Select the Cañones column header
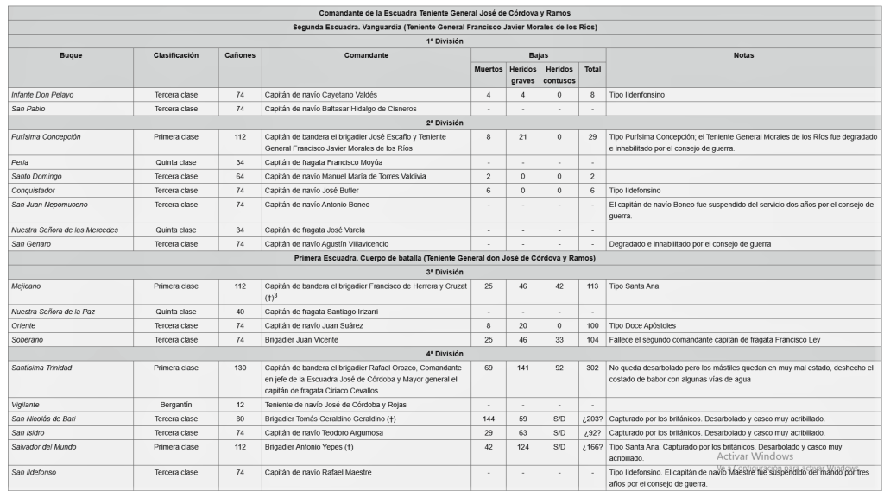tap(240, 55)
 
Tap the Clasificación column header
tap(176, 55)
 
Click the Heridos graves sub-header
tap(523, 74)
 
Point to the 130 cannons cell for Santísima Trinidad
tap(240, 368)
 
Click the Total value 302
tap(592, 368)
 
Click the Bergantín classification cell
tap(176, 404)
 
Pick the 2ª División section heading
tap(445, 123)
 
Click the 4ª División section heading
tap(445, 353)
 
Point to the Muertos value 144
tap(489, 419)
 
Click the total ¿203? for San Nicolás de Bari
tap(592, 419)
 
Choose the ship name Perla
tap(20, 162)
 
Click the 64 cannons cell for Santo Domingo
tap(240, 176)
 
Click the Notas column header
tap(742, 55)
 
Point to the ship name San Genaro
tap(30, 244)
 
